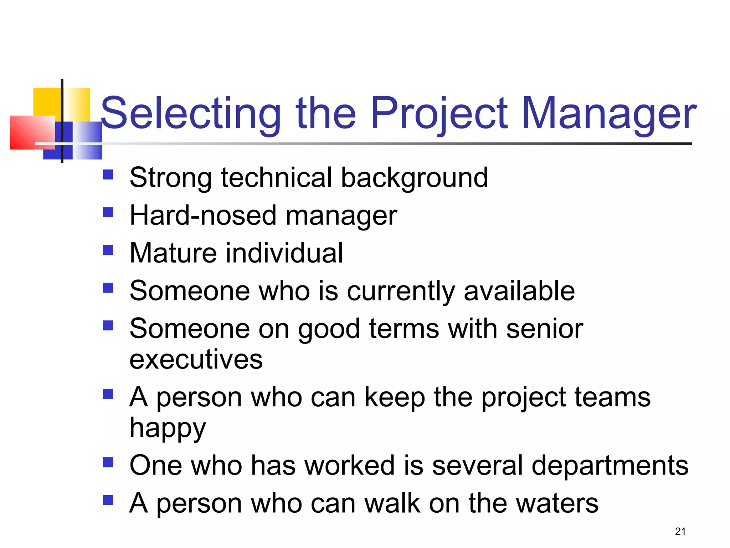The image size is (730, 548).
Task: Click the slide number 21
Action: (680, 531)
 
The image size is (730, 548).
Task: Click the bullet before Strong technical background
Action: (108, 174)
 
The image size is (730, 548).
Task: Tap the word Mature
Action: (173, 253)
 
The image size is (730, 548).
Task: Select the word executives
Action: (196, 359)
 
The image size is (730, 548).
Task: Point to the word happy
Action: (168, 428)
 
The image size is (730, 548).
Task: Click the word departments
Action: (610, 465)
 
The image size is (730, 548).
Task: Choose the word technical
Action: (277, 177)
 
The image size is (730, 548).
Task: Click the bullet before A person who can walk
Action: (108, 500)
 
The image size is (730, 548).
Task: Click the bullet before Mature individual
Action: (108, 250)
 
